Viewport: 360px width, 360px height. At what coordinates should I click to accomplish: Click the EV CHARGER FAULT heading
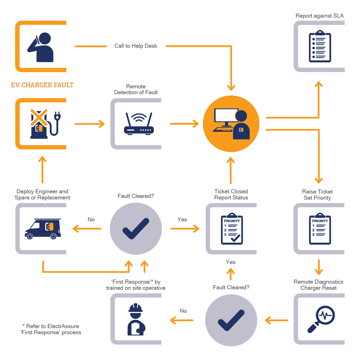point(42,85)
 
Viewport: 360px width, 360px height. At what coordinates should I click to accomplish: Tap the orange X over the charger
point(39,117)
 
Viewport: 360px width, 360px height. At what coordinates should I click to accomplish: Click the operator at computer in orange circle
point(231,124)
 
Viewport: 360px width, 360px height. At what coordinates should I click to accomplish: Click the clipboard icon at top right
point(320,47)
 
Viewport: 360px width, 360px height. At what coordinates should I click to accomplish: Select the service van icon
point(43,229)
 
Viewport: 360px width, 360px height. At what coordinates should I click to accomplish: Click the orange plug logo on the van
point(49,226)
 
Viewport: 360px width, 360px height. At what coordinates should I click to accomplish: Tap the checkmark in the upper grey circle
point(136,229)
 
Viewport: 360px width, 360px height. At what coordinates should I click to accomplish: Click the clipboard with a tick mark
point(232,229)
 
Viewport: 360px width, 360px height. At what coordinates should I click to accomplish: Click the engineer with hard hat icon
point(136,320)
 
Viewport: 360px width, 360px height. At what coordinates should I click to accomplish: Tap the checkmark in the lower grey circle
point(231,320)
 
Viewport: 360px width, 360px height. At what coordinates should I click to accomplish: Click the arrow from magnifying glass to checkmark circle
point(277,320)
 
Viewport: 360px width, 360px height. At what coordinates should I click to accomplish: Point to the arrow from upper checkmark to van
point(87,229)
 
